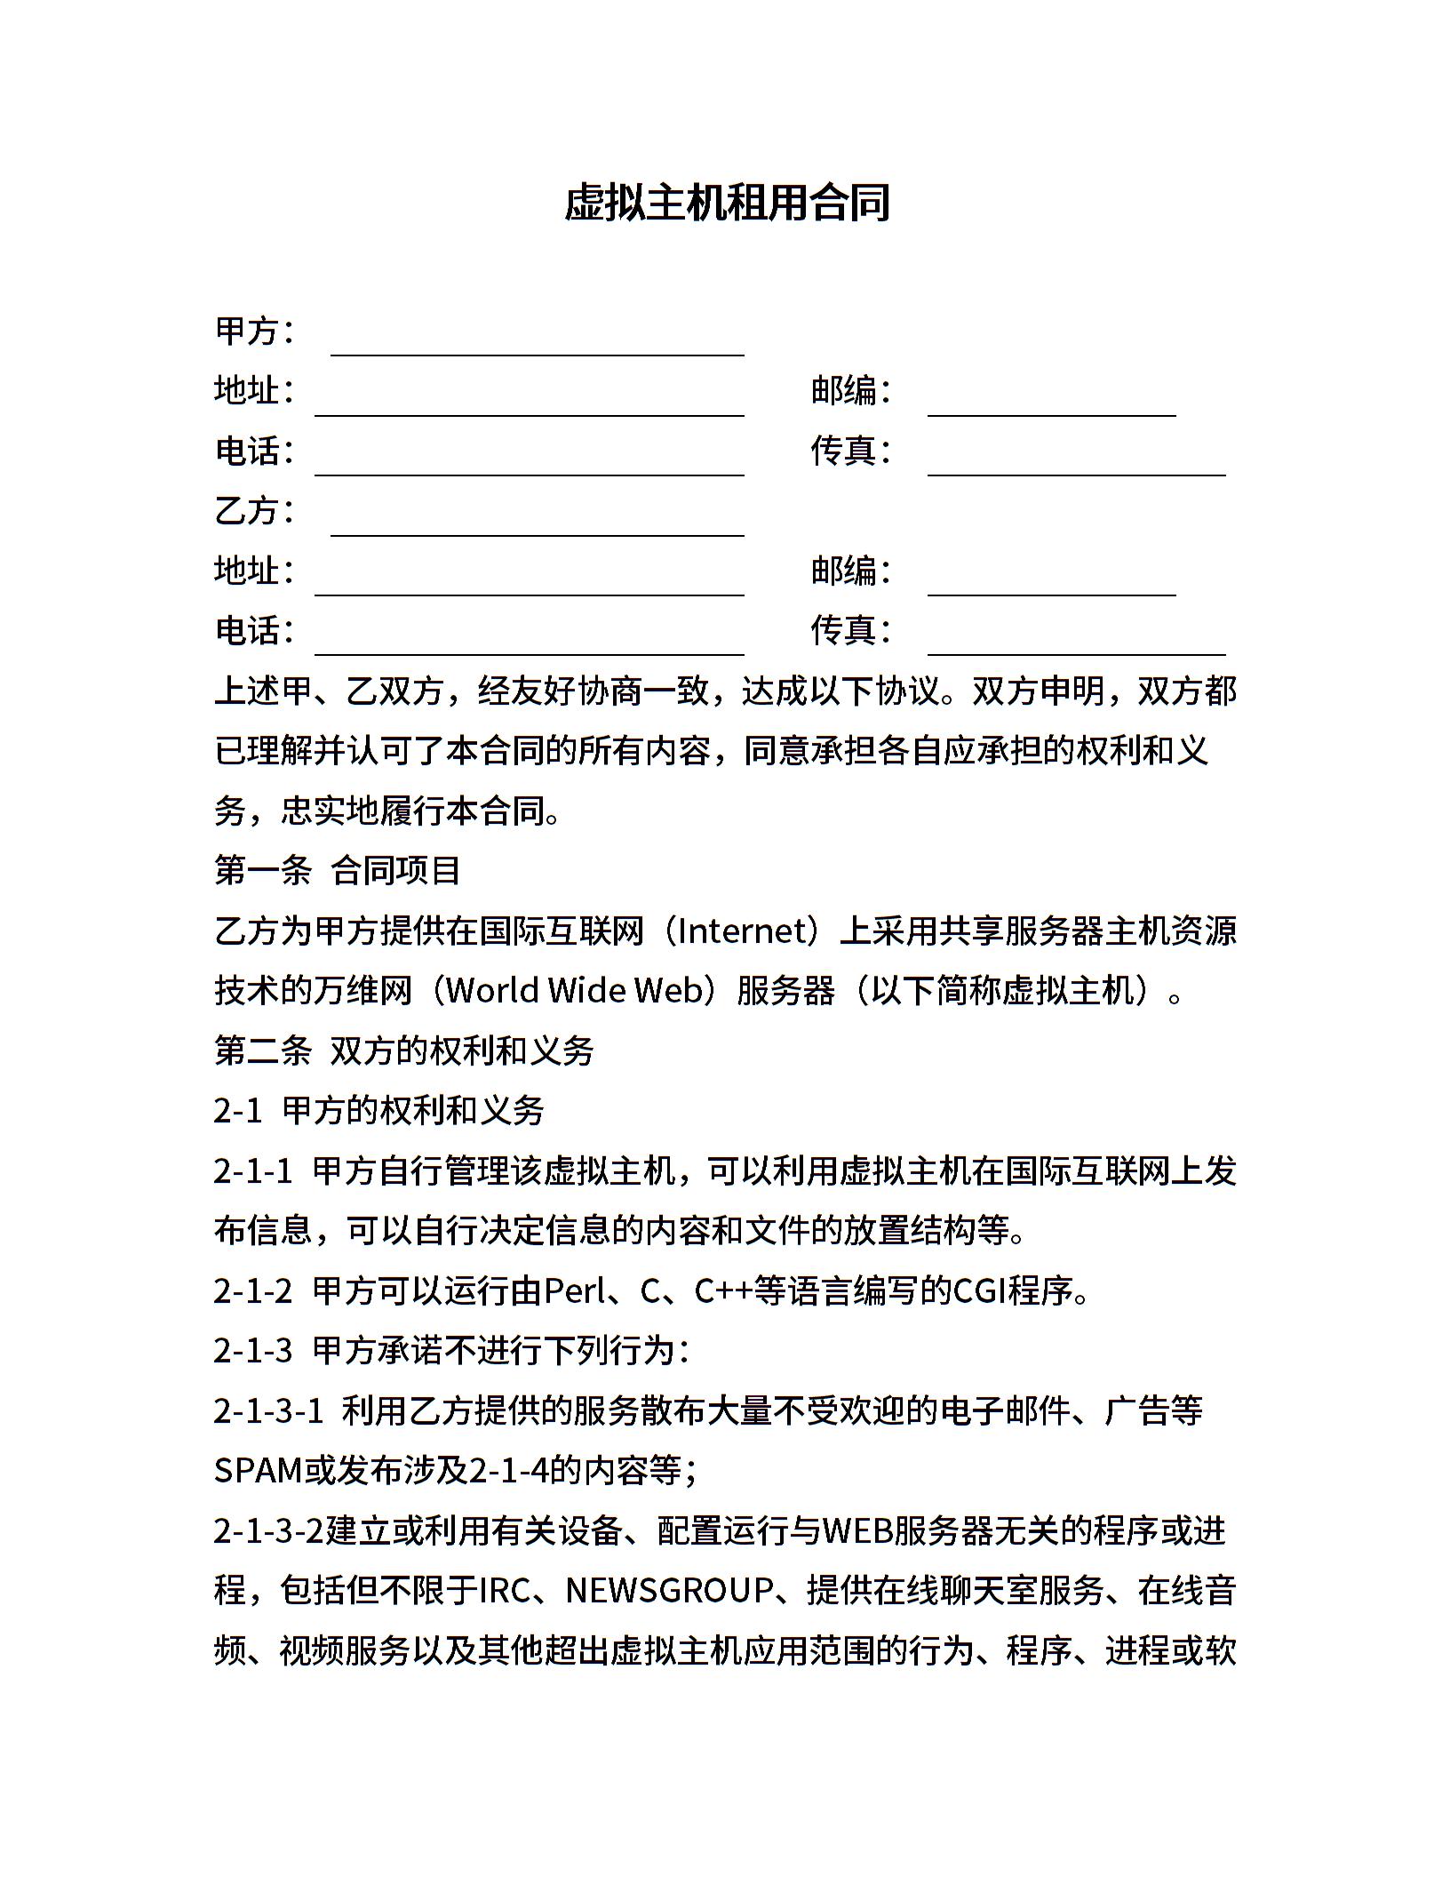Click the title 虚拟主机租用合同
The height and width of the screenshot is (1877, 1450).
[x=727, y=204]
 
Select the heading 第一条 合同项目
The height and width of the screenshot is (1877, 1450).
[x=338, y=871]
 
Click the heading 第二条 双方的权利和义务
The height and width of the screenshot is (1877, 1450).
[x=404, y=1051]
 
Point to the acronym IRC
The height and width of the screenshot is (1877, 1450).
[x=505, y=1591]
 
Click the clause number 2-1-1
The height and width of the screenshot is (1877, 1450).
[x=253, y=1171]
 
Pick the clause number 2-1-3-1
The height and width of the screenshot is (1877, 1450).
[x=268, y=1411]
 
